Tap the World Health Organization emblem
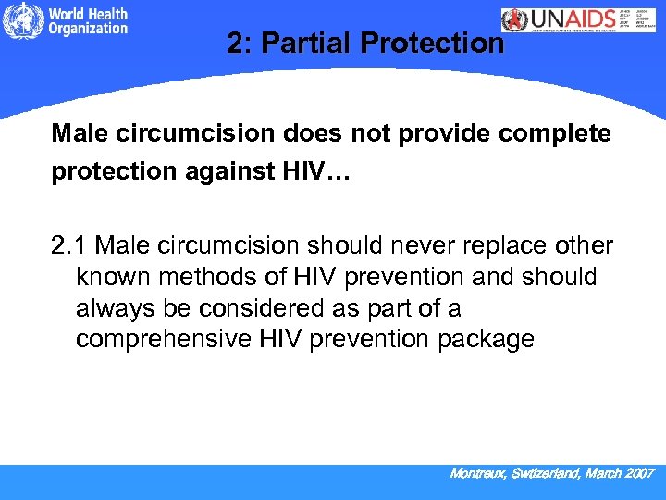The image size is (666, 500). click(18, 22)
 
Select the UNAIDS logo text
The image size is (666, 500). click(571, 20)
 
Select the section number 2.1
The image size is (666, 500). click(70, 245)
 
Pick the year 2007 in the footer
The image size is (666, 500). click(639, 473)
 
